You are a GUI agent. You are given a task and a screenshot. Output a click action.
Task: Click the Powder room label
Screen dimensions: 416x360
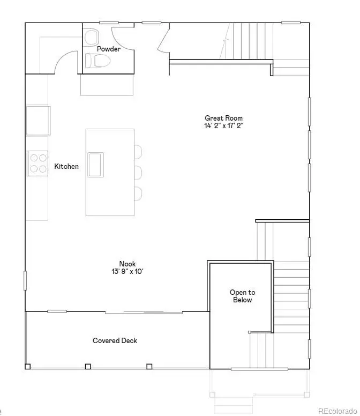pyautogui.click(x=108, y=49)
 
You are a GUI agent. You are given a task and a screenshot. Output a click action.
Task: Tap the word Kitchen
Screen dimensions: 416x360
pyautogui.click(x=66, y=167)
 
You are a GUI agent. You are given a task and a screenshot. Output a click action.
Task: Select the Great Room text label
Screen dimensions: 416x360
pyautogui.click(x=223, y=118)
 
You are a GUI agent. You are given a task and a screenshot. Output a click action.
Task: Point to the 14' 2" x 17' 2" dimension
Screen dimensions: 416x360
pyautogui.click(x=223, y=126)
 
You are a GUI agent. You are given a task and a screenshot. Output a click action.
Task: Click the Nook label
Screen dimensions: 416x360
pyautogui.click(x=127, y=264)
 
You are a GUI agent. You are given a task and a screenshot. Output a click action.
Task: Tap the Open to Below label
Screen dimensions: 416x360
pyautogui.click(x=242, y=296)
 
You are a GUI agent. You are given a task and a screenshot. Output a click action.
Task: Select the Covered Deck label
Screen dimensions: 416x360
pyautogui.click(x=115, y=340)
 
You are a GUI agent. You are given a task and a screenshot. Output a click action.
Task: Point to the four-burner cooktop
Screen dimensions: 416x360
pyautogui.click(x=37, y=163)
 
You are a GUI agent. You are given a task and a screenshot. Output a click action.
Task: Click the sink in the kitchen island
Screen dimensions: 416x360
pyautogui.click(x=96, y=164)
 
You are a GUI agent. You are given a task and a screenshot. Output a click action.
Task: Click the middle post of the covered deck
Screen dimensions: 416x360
pyautogui.click(x=88, y=367)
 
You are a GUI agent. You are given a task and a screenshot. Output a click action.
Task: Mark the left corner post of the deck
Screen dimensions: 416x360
pyautogui.click(x=28, y=367)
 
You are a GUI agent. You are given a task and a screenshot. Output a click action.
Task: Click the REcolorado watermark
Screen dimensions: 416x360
pyautogui.click(x=337, y=411)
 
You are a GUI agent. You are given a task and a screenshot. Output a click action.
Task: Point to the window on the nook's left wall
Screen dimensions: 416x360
pyautogui.click(x=25, y=280)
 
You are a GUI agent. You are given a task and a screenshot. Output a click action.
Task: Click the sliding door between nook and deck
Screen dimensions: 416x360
pyautogui.click(x=144, y=311)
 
